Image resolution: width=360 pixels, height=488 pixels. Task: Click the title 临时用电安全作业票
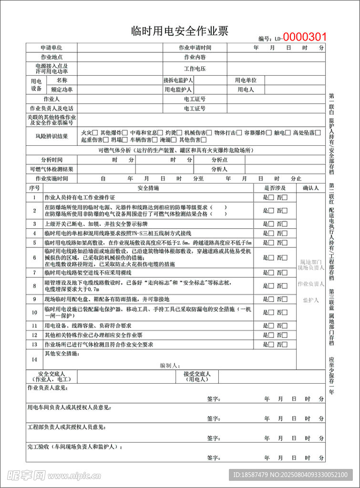click(180, 31)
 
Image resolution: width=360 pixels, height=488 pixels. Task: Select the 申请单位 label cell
click(51, 48)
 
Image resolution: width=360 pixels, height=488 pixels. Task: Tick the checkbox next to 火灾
click(95, 133)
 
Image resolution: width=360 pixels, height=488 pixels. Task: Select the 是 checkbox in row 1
click(271, 197)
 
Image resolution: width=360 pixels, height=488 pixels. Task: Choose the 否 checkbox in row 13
click(285, 345)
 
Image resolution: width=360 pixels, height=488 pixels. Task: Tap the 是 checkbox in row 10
click(271, 313)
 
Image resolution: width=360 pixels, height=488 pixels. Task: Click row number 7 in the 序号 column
click(34, 273)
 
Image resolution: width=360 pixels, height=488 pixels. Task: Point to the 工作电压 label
click(195, 69)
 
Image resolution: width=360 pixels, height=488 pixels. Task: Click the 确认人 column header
click(311, 188)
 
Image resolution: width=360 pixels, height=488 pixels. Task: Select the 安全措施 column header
click(148, 188)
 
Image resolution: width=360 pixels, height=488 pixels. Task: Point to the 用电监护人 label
click(178, 89)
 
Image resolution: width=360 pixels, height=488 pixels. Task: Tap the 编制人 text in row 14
click(169, 366)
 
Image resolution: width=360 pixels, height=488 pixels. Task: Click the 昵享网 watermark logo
click(26, 475)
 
